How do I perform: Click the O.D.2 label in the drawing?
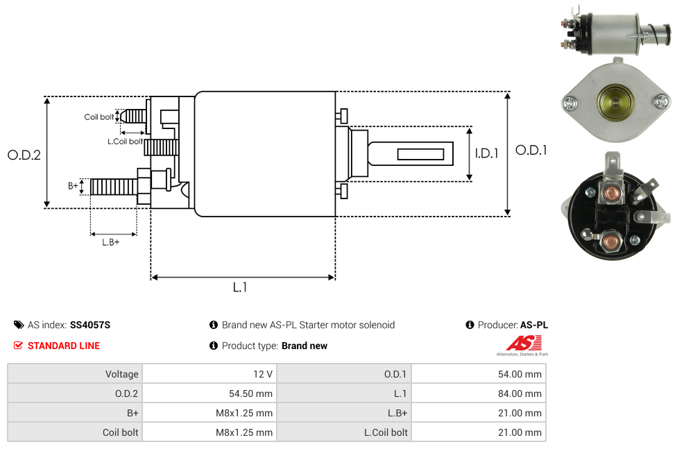pos(24,155)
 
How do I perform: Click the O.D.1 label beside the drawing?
pos(531,150)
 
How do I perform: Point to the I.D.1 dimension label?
pos(486,154)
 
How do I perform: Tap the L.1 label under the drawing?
pos(239,287)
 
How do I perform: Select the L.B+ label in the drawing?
pos(111,242)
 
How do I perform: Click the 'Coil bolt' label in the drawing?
pos(99,117)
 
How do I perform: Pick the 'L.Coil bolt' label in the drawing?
pos(125,142)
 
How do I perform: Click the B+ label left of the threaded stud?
pos(73,186)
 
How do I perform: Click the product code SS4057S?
pos(90,325)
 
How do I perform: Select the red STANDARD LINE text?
pos(63,346)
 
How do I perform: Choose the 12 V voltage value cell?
pos(263,374)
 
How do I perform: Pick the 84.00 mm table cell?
pos(520,393)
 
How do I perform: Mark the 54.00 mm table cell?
pos(520,374)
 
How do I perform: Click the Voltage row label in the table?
pos(121,374)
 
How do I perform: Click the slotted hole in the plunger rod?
pos(421,153)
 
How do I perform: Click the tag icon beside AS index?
pos(19,325)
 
